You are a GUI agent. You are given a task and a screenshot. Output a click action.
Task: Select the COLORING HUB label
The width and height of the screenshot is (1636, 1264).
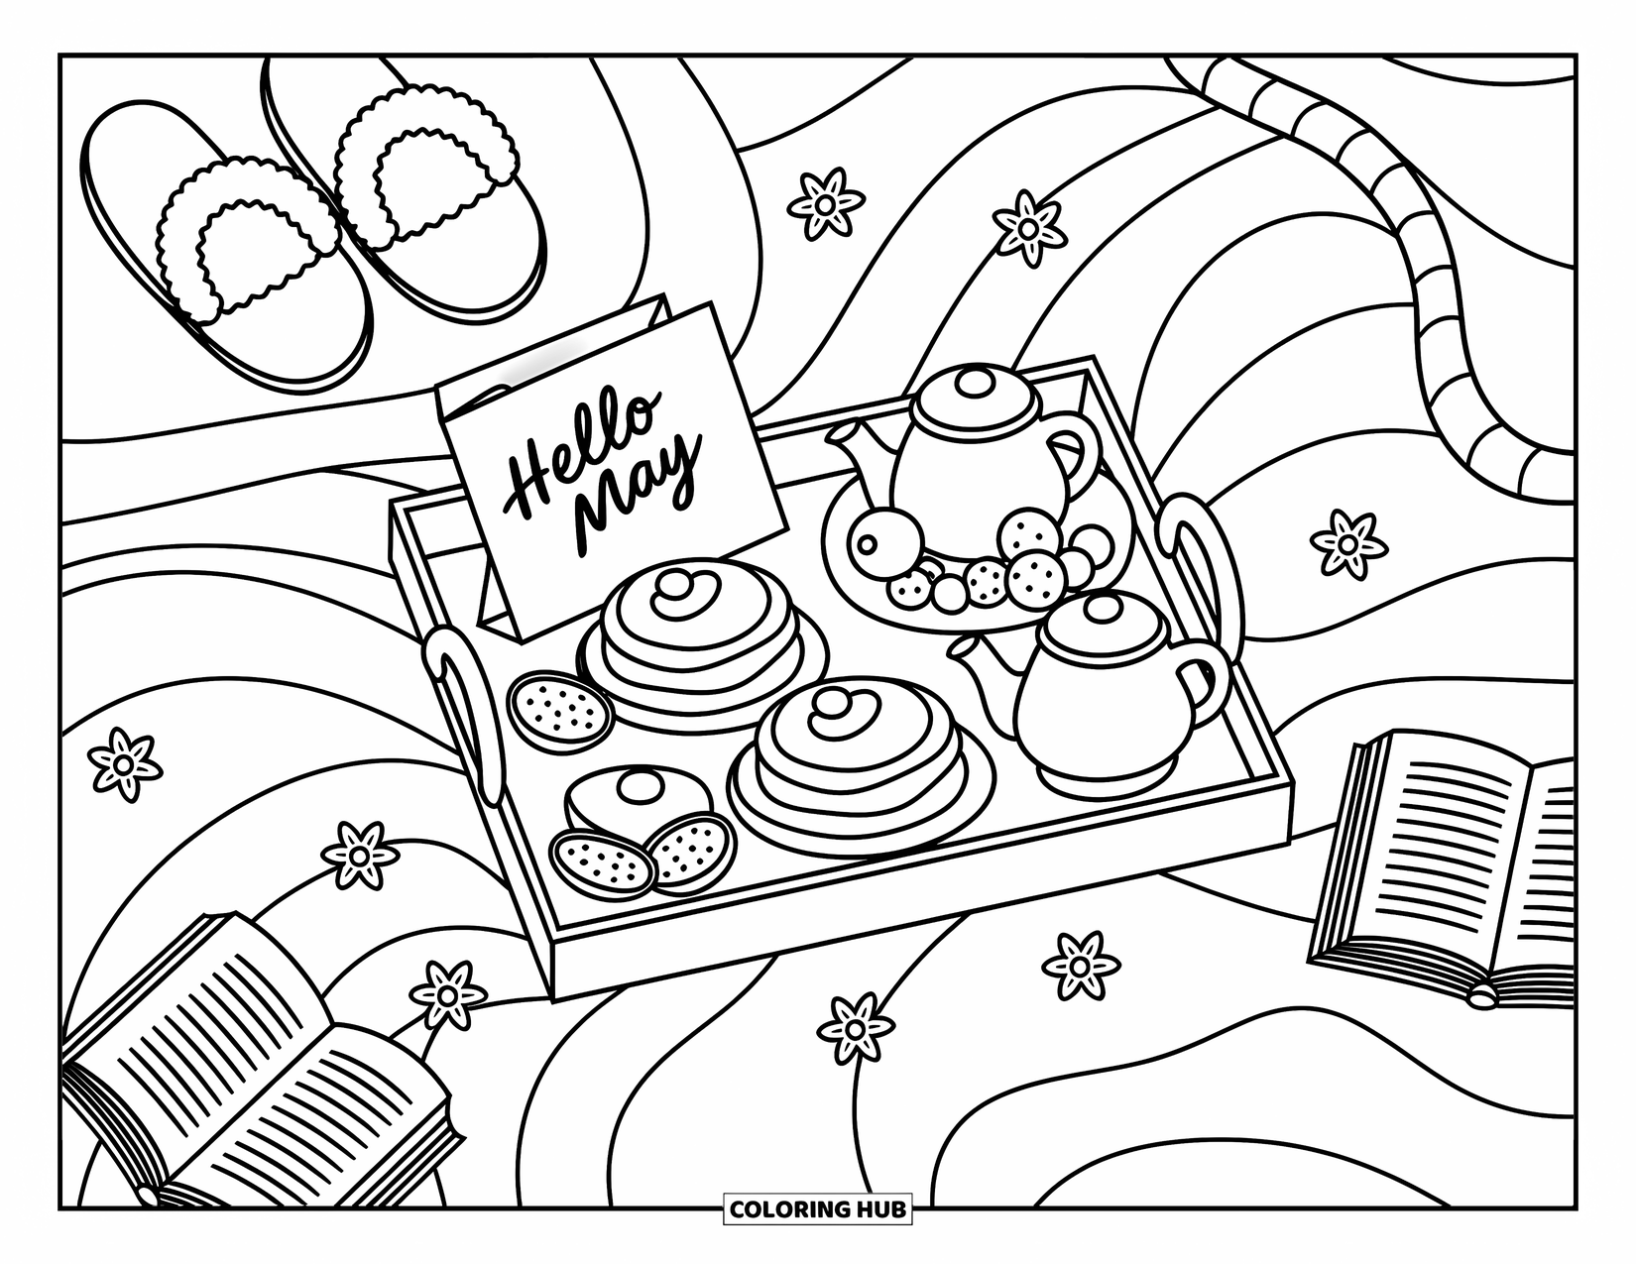(x=817, y=1208)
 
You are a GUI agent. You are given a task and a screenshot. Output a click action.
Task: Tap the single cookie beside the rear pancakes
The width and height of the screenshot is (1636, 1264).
(x=560, y=706)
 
